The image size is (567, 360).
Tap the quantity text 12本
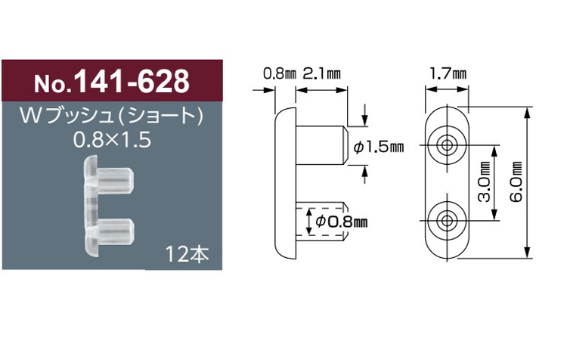pyautogui.click(x=187, y=254)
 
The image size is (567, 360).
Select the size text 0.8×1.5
pyautogui.click(x=112, y=140)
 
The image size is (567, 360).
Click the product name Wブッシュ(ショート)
pyautogui.click(x=112, y=116)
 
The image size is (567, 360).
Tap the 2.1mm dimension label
pyautogui.click(x=321, y=74)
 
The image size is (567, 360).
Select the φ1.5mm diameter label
pyautogui.click(x=378, y=147)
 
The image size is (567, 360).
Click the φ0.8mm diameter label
pyautogui.click(x=342, y=221)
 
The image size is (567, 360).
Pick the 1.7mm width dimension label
pyautogui.click(x=448, y=74)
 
